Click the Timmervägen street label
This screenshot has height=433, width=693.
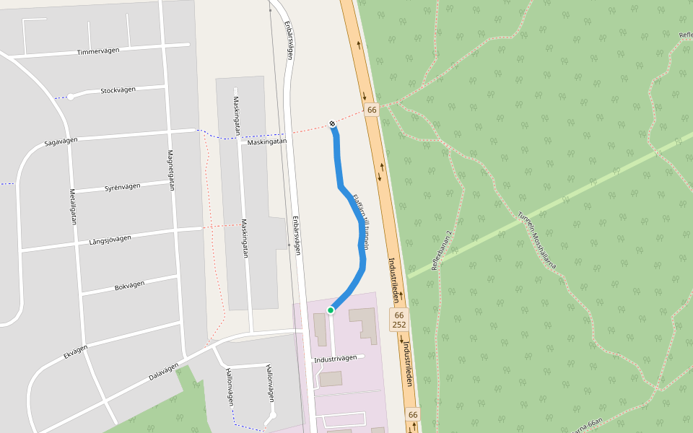(x=98, y=51)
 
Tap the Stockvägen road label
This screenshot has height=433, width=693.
(x=118, y=90)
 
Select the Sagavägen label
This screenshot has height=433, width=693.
(x=61, y=143)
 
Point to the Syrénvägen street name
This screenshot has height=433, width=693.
(x=122, y=188)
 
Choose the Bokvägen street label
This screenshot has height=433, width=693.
(x=131, y=287)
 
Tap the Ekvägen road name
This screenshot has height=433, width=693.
(x=75, y=351)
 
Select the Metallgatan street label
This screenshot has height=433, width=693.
(x=73, y=207)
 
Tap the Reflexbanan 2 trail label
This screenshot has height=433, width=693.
(x=441, y=250)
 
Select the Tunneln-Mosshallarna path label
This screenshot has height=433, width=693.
(x=536, y=238)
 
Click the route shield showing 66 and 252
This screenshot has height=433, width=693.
(x=398, y=320)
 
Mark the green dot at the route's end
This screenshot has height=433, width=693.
(x=331, y=310)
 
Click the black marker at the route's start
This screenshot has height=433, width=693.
(x=332, y=124)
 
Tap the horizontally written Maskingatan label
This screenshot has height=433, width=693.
(x=267, y=142)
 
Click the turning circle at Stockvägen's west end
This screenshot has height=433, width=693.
(x=71, y=97)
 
